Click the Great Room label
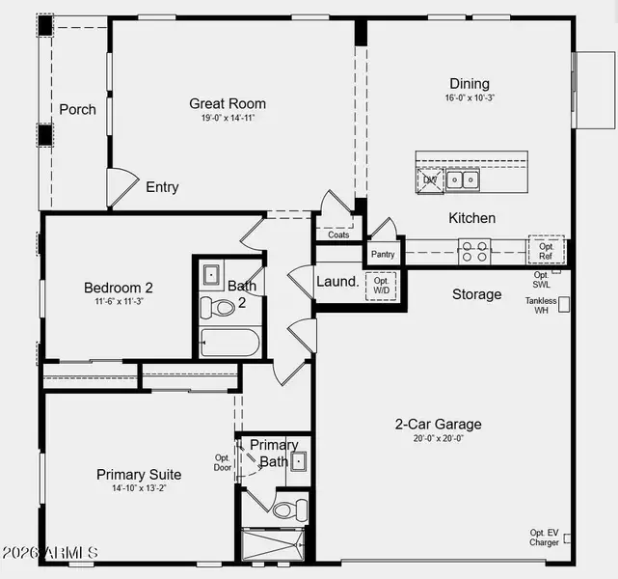pos(228,104)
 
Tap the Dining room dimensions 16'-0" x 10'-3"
pos(470,98)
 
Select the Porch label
pos(78,109)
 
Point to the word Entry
pos(162,187)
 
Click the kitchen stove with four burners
pos(474,251)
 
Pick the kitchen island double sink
pos(462,179)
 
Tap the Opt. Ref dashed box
pos(546,250)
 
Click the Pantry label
pos(382,255)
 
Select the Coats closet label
pos(338,234)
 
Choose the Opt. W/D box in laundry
pos(381,286)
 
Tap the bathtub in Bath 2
pos(230,343)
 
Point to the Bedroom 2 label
pos(118,288)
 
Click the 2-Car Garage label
pos(439,424)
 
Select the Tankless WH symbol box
pos(564,303)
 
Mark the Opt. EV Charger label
pos(544,538)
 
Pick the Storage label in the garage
pos(476,294)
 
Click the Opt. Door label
pos(223,462)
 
